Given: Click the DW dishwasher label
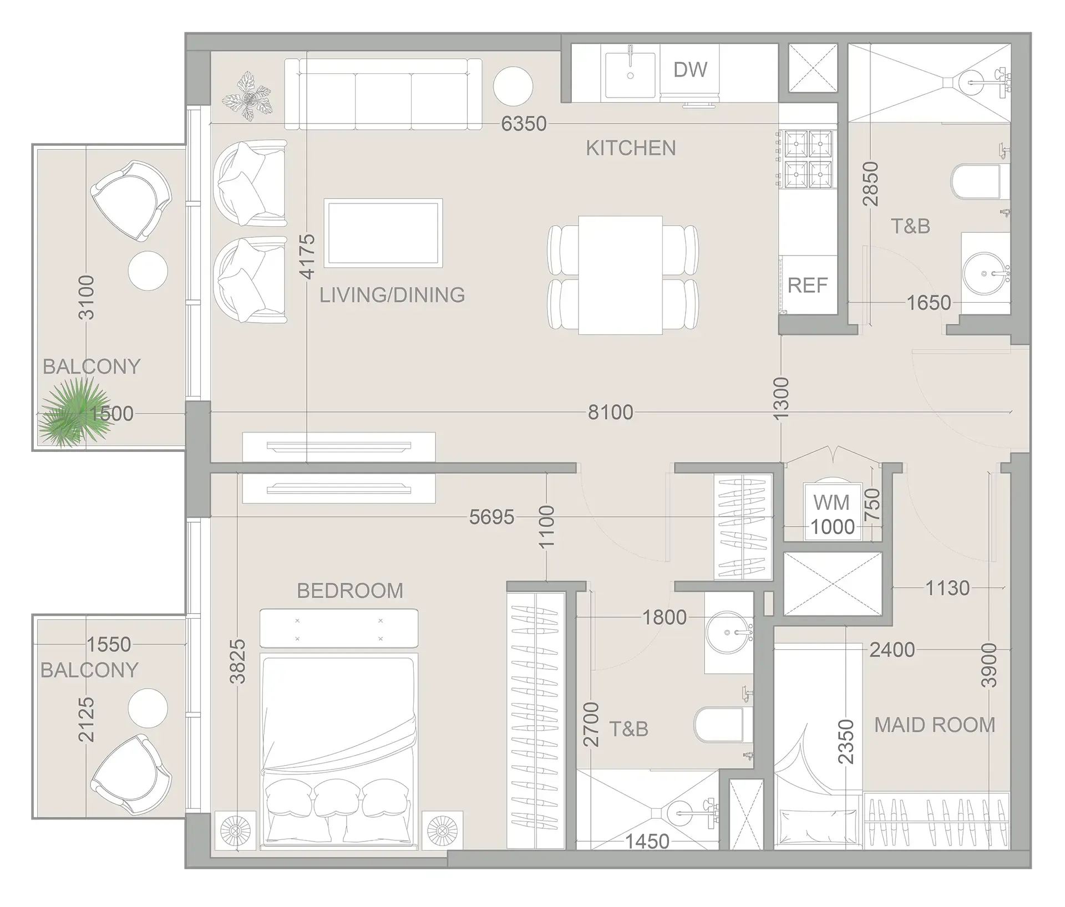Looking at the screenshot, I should pos(690,70).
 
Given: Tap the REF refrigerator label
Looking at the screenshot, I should pos(807,286).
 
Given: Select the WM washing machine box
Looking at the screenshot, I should pos(831,511).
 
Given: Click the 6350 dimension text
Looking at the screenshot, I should pos(524,124).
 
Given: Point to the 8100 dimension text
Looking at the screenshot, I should pos(610,412).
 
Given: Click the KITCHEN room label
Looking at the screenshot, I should pos(631,149).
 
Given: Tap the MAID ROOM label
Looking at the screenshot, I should pos(935,725).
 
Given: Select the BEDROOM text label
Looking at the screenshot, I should pos(350,591).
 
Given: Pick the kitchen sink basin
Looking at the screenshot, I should pos(630,75).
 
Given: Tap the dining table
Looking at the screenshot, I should pos(621,275).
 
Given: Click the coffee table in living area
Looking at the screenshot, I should pos(383,233).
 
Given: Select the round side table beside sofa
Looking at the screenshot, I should pos(513,86).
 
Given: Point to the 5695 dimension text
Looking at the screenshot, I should pos(491,517).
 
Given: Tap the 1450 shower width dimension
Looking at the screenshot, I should pos(647,842).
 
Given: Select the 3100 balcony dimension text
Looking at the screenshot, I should pos(87,297).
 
